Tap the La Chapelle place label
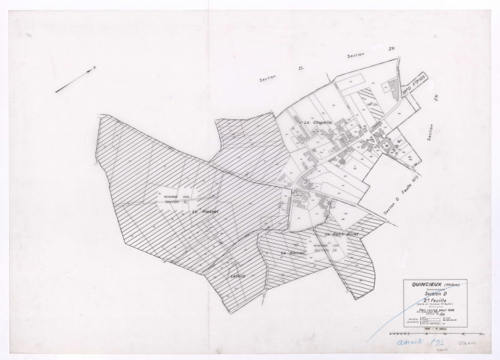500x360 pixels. pyautogui.click(x=318, y=121)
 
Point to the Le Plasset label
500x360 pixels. pyautogui.click(x=205, y=212)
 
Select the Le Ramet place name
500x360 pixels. pyautogui.click(x=291, y=253)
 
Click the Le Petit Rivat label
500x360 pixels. pyautogui.click(x=345, y=235)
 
